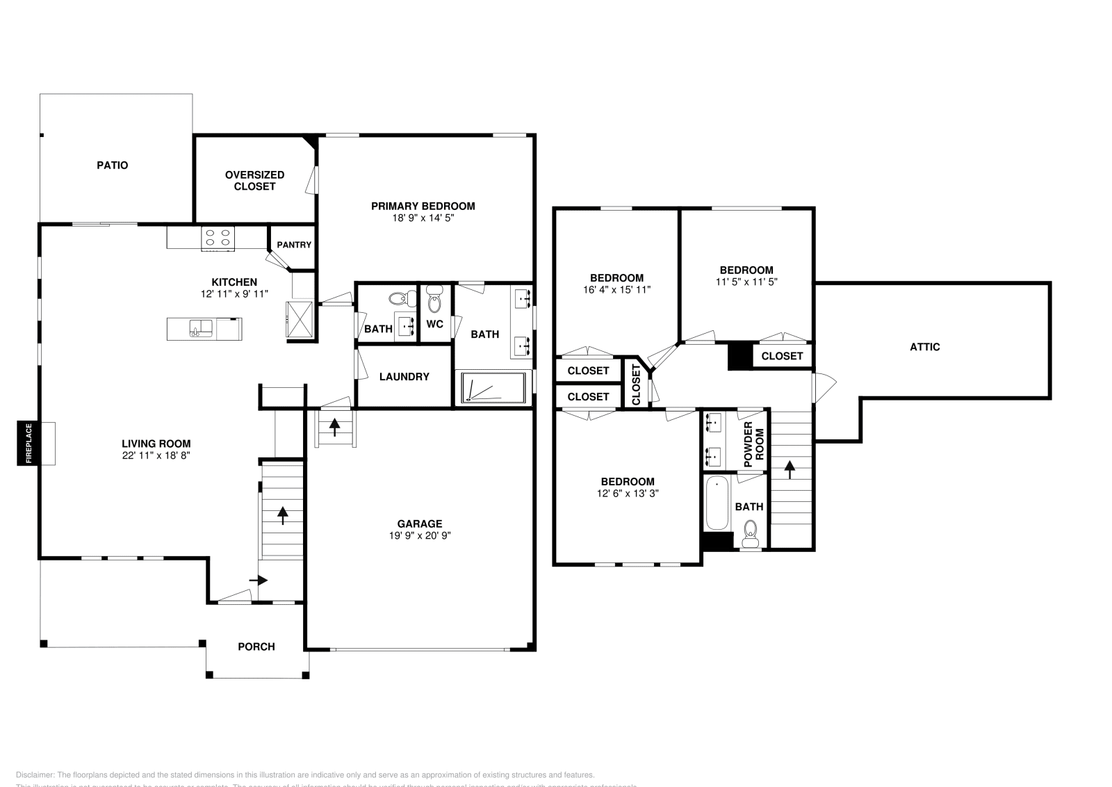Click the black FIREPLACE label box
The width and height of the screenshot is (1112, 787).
(x=28, y=443)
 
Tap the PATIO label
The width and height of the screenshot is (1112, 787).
(x=112, y=165)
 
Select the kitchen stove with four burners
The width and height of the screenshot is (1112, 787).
(x=217, y=238)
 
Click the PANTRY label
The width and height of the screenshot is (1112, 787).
(x=294, y=245)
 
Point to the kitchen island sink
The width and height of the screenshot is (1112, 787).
(x=202, y=328)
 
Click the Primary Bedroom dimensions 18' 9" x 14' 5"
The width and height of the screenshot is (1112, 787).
(x=423, y=218)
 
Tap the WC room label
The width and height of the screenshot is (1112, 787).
(x=435, y=324)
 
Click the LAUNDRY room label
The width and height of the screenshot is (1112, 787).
(x=404, y=377)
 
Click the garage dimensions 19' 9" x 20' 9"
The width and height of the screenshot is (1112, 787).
(x=420, y=535)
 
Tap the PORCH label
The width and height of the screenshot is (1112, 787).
(x=256, y=647)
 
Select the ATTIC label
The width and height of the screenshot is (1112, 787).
(x=924, y=347)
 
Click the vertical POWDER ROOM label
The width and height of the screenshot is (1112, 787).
(x=753, y=444)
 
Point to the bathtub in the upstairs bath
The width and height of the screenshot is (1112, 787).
(x=717, y=503)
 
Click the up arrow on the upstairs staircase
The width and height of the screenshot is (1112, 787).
(x=790, y=470)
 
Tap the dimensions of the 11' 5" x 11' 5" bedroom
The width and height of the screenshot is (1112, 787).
(x=746, y=282)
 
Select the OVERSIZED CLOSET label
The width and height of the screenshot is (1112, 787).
(x=254, y=181)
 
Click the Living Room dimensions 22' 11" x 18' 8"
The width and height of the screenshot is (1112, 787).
(x=156, y=455)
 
